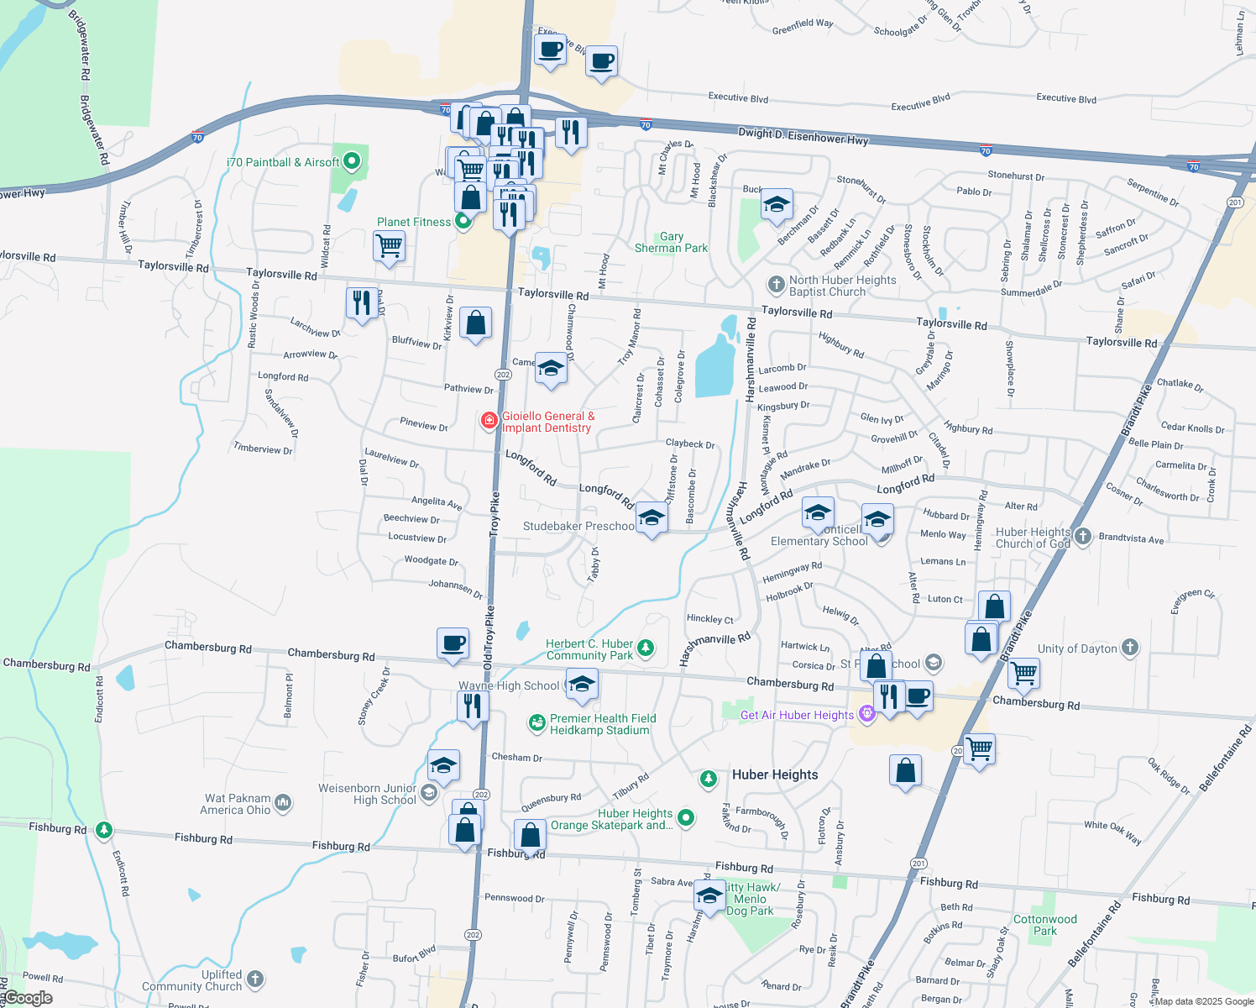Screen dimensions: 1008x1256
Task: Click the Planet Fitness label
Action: [414, 223]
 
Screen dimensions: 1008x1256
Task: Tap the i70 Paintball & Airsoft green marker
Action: [353, 160]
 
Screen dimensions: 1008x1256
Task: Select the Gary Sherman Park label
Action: [671, 243]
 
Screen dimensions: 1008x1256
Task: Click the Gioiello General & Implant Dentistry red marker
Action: [489, 420]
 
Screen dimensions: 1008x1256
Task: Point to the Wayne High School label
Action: [509, 686]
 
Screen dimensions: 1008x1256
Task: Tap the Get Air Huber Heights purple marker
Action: [867, 715]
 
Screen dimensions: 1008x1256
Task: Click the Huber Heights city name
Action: [775, 774]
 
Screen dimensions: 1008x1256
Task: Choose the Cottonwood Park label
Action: [1044, 925]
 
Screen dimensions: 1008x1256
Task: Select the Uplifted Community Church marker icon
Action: [255, 979]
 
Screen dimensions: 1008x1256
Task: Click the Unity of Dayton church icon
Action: [1130, 647]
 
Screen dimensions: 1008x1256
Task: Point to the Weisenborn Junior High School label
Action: [368, 794]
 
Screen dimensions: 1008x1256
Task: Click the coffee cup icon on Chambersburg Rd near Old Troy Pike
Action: [453, 643]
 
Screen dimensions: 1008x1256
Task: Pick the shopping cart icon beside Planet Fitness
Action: [389, 247]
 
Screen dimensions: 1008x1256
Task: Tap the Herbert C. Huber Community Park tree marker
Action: [645, 648]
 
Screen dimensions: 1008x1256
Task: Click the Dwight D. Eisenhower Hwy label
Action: [803, 135]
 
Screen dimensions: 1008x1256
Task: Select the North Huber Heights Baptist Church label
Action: [842, 286]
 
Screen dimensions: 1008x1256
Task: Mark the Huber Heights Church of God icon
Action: [1082, 536]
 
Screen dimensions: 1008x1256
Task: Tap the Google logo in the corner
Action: [28, 998]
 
